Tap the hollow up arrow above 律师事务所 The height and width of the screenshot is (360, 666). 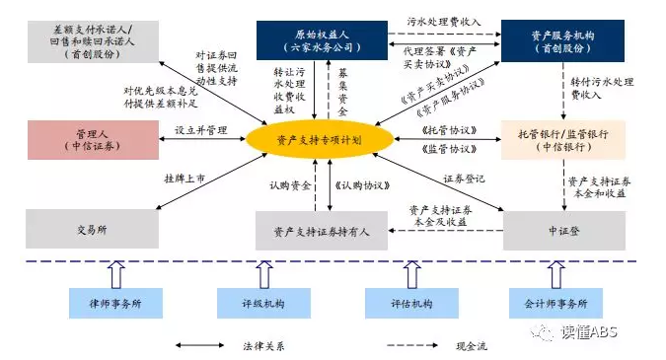(x=114, y=269)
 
